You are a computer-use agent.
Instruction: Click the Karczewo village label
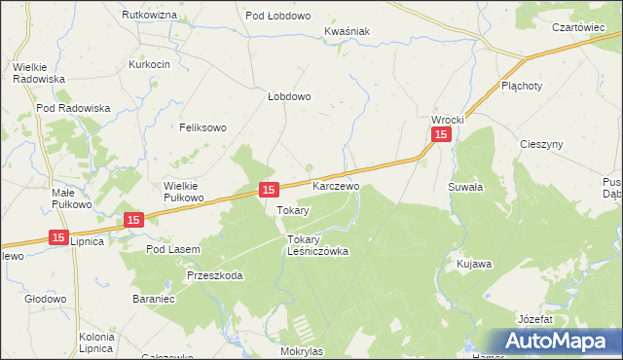pos(336,185)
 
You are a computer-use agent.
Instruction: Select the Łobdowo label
pos(289,96)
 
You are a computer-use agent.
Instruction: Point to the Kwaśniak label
pos(348,31)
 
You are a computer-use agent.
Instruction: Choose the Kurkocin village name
pos(150,64)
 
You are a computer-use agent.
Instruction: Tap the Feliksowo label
pos(202,127)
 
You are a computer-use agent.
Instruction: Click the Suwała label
pos(465,185)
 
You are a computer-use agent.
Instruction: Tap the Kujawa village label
pos(474,264)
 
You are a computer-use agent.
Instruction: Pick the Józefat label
pos(535,319)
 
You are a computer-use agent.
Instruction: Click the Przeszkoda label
pos(215,275)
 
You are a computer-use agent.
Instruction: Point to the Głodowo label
pos(45,300)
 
